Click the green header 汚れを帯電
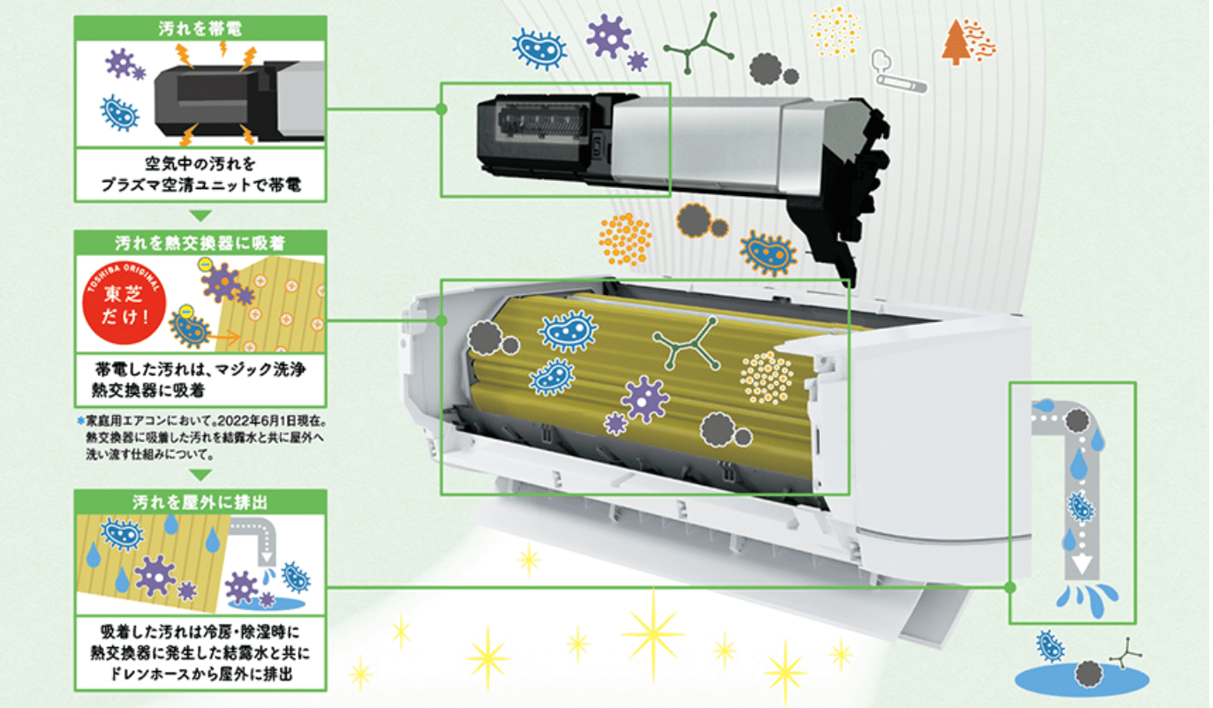click(200, 26)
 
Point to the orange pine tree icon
click(956, 42)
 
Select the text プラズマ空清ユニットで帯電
click(200, 186)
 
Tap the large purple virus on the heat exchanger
click(644, 399)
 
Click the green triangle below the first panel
click(200, 215)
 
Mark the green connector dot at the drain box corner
click(1010, 586)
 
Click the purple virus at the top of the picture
click(608, 37)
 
